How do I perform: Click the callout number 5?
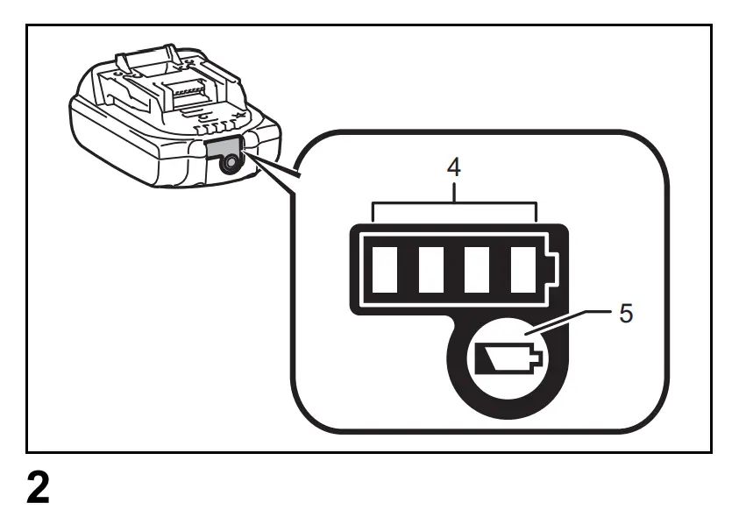(x=625, y=314)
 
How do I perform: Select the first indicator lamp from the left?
(x=387, y=271)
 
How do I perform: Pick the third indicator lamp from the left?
(x=480, y=271)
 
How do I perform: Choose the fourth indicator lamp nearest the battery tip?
(x=524, y=271)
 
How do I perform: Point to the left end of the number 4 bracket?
(x=374, y=211)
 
